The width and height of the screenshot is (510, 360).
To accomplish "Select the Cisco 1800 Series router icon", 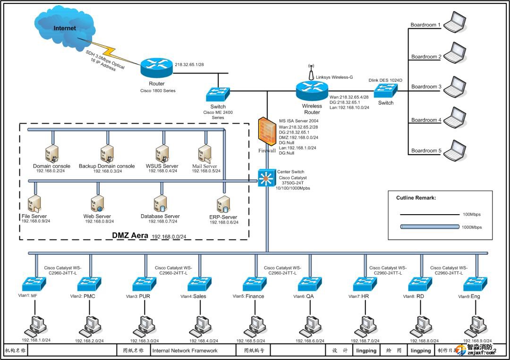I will pyautogui.click(x=157, y=69).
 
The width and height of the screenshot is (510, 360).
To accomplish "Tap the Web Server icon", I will pyautogui.click(x=97, y=204).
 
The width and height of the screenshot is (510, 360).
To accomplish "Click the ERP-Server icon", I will pyautogui.click(x=223, y=205).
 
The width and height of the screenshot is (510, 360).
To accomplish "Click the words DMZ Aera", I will pyautogui.click(x=130, y=235).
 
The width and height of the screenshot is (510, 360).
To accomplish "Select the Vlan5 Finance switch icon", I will pyautogui.click(x=255, y=284).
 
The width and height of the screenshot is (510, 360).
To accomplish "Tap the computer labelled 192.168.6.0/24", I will pyautogui.click(x=310, y=326).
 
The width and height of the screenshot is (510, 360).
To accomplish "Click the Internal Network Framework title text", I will pyautogui.click(x=185, y=351).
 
